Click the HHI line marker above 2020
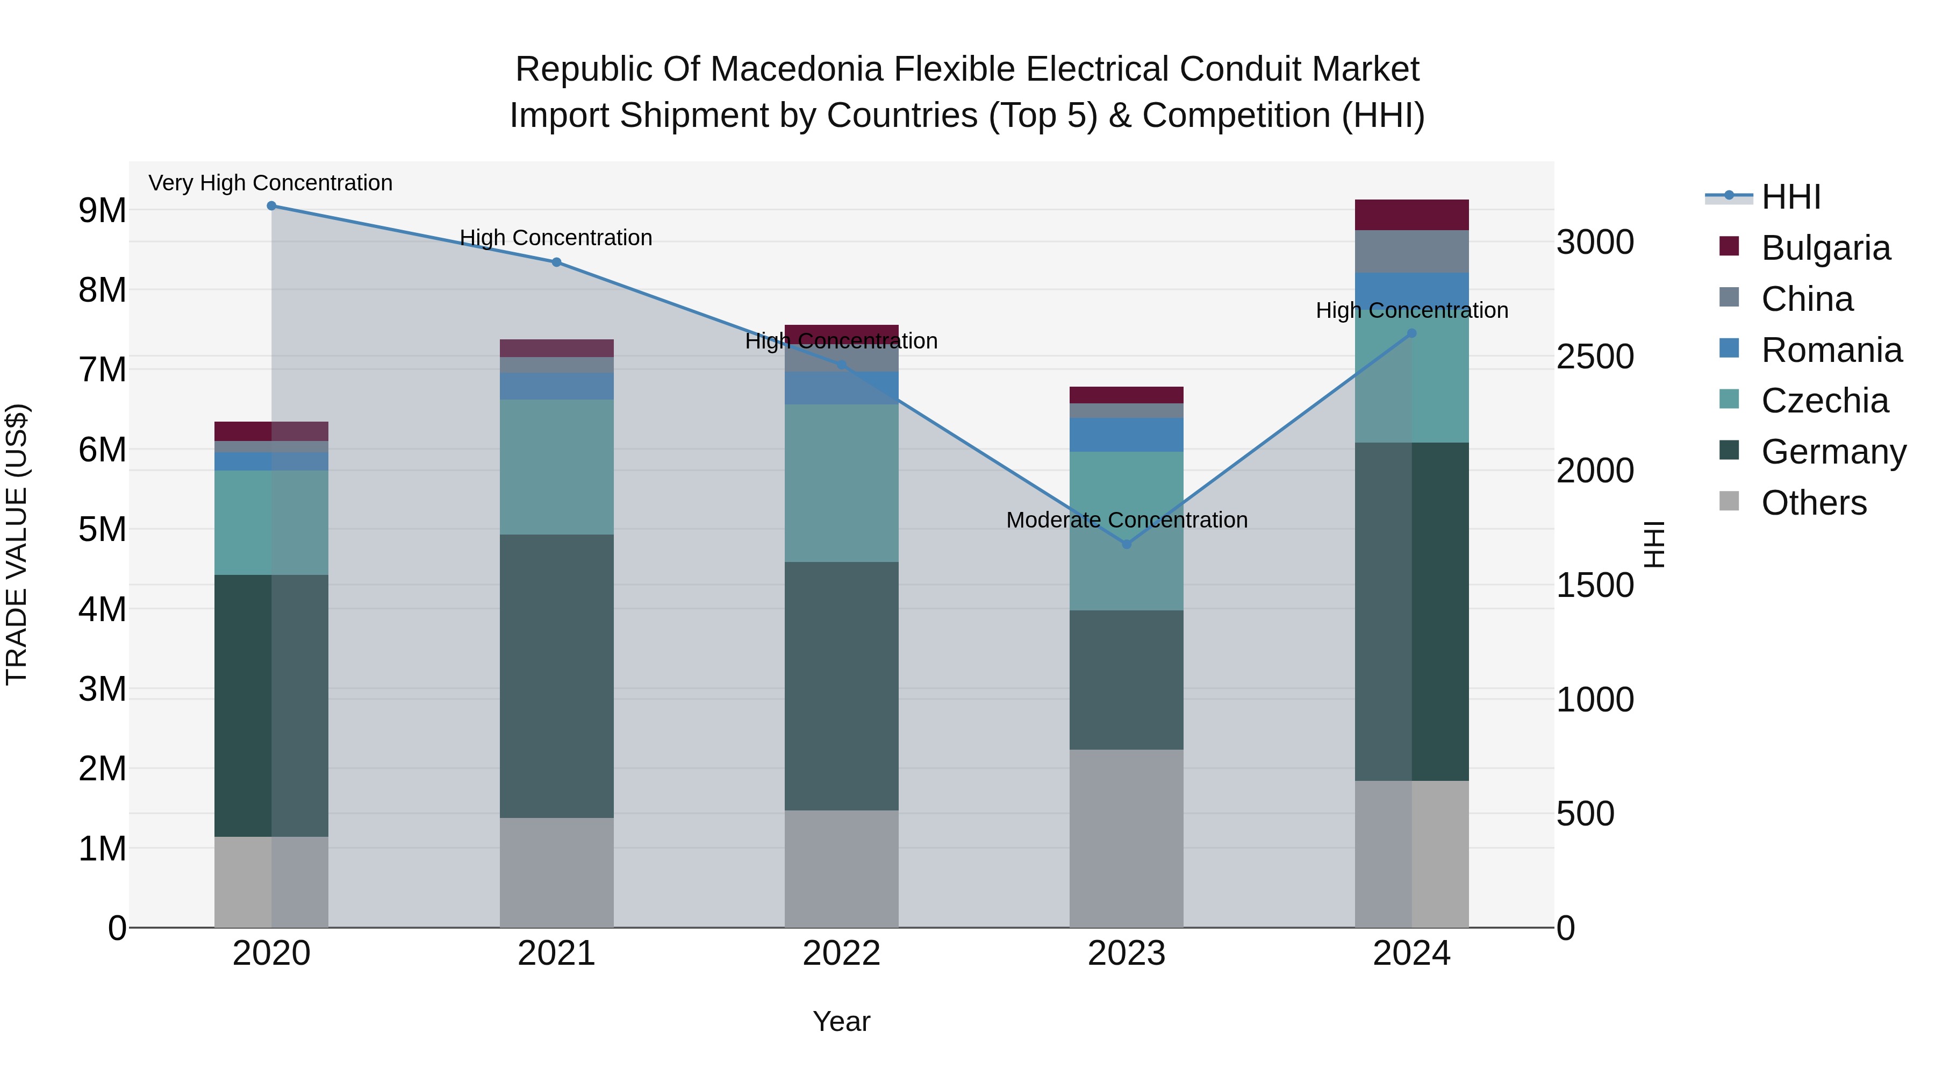[x=271, y=206]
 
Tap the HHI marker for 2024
[x=1411, y=333]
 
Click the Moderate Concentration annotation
[x=1126, y=520]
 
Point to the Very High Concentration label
[x=270, y=183]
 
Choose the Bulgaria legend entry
[x=1825, y=248]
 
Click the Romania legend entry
[x=1831, y=350]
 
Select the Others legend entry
[x=1814, y=503]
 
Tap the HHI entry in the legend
[x=1790, y=197]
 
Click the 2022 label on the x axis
[x=841, y=953]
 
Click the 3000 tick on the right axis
[x=1595, y=243]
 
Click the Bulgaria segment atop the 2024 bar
[x=1411, y=215]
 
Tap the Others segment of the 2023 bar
[x=1126, y=838]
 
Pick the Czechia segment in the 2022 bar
[x=841, y=483]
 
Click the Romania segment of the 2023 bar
[x=1126, y=435]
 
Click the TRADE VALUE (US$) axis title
[x=17, y=544]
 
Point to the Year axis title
[x=841, y=1021]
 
